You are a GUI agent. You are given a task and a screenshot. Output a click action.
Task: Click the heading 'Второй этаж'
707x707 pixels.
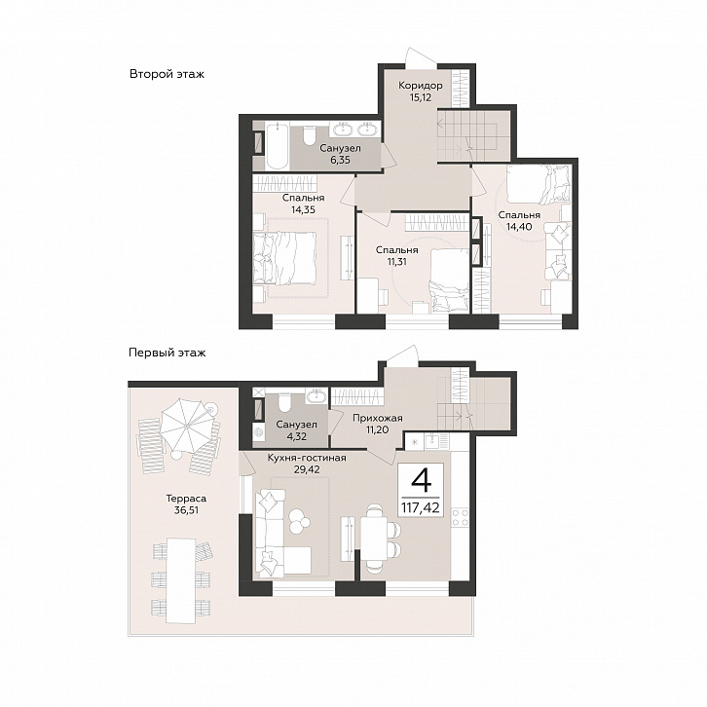coord(167,74)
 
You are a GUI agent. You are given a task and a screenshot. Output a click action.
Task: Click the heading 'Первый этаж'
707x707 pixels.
coord(167,353)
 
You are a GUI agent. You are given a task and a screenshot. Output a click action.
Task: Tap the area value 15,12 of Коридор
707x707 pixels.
coord(421,97)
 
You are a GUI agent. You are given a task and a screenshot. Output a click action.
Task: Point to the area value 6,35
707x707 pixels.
coord(340,160)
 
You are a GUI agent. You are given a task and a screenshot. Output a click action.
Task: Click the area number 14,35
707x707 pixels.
coord(303,209)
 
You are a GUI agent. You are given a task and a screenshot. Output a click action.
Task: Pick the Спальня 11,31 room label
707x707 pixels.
coord(396,256)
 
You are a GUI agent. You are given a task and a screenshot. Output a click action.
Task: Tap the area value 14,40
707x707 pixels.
coord(519,227)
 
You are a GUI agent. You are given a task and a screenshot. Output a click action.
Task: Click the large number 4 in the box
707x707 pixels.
coord(421,481)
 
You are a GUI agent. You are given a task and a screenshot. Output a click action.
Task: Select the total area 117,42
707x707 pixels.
coord(421,507)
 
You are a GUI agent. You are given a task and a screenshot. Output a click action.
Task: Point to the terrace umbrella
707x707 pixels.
coord(186,426)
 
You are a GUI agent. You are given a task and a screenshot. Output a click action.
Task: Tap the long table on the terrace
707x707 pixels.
coord(181,577)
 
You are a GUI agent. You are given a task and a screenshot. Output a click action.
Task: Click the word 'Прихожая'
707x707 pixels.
coord(378,419)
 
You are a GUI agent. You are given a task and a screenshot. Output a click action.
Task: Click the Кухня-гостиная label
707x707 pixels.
coord(307,458)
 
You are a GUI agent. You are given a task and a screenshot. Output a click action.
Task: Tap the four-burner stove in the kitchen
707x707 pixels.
coord(460,518)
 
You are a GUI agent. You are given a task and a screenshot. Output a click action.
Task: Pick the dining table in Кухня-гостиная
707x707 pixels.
coord(374,538)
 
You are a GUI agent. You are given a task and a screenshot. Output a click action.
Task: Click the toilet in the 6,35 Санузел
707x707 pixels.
coord(310,134)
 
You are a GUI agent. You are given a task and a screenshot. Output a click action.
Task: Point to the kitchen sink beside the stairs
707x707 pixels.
coord(432,440)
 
